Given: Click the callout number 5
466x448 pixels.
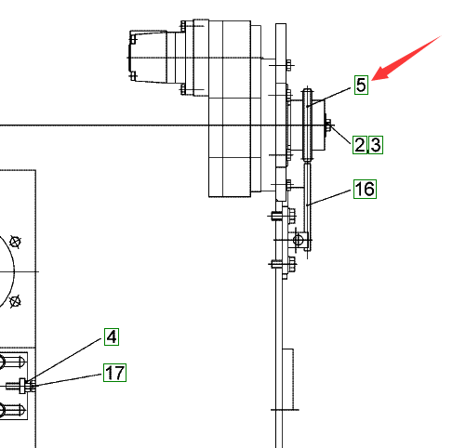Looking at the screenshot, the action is pos(361,85).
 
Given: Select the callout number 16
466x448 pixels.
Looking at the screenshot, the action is pos(365,189).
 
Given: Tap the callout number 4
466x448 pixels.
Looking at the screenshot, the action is pos(112,336).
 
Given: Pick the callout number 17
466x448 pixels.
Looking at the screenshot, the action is pos(114,373).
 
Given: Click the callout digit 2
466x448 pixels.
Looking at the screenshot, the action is pos(360,145).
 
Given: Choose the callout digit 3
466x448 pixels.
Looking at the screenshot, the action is pos(376,145).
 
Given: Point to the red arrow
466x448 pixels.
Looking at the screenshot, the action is pos(406,58).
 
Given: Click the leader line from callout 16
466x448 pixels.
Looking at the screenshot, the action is pos(328,198).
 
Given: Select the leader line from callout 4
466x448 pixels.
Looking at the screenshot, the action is pos(64,360).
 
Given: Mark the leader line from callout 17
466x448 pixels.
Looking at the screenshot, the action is pos(68,380).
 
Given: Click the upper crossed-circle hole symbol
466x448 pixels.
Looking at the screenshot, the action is pos(15,242).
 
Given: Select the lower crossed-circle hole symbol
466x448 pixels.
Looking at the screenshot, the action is pos(15,301).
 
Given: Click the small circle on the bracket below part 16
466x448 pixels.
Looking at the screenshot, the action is pos(298,240).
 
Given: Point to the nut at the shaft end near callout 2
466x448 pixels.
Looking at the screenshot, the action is pos(328,125).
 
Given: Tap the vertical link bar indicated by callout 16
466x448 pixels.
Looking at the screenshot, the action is pos(307,206).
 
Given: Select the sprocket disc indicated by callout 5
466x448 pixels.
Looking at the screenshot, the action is pos(308,125).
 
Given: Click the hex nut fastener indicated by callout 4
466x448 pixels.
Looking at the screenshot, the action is pos(22,386).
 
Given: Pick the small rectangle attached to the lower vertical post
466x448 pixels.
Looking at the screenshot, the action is pos(288,379).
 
